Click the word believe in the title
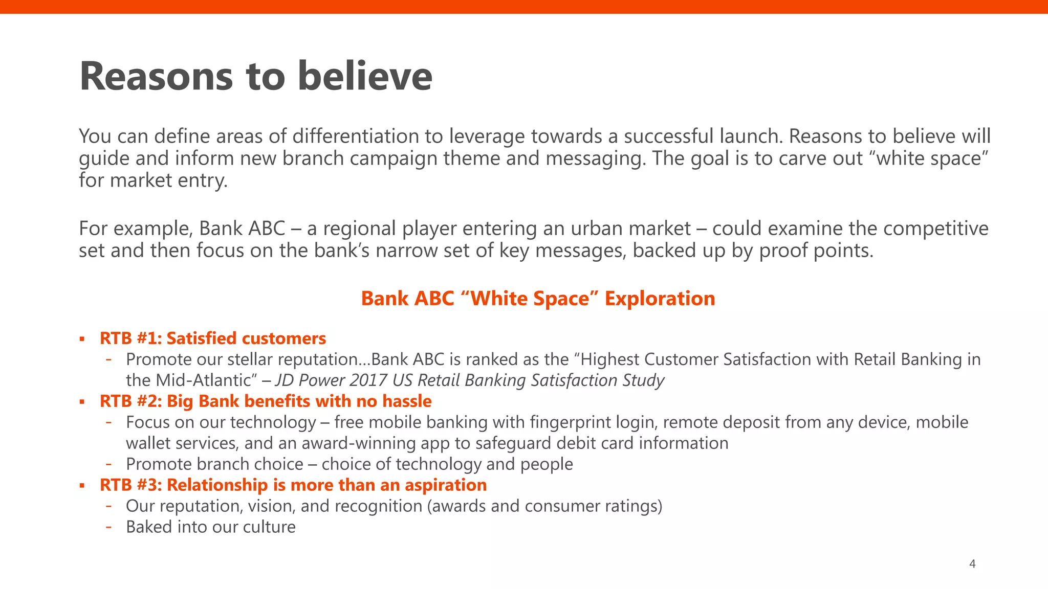365,77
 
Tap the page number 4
972,564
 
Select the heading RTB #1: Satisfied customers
212,338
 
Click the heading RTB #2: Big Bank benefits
265,401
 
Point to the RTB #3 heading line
293,485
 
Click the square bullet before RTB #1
82,339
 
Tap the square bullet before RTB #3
82,486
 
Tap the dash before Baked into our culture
108,527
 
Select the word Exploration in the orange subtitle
660,299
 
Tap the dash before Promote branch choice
108,464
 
